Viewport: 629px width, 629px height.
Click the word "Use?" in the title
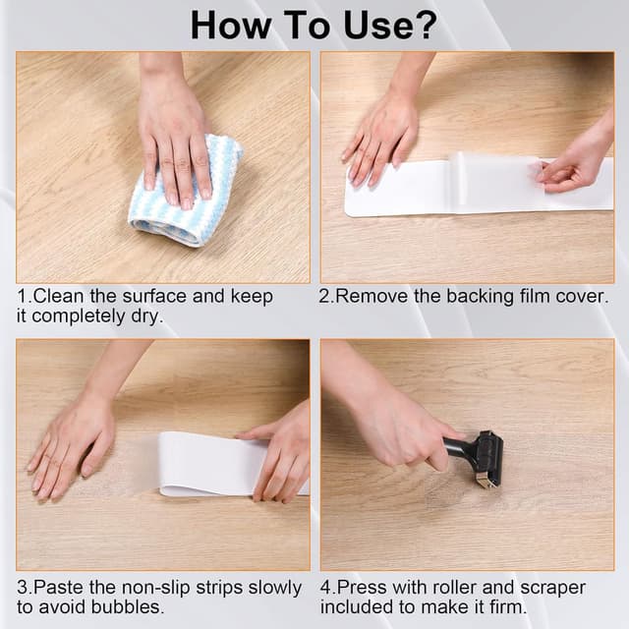(390, 26)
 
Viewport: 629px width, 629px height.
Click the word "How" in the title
(231, 26)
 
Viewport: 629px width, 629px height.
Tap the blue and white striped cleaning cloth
(186, 192)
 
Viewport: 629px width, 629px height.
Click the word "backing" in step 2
(480, 297)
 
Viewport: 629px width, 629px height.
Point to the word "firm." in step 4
(507, 607)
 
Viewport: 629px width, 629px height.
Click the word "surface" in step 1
(154, 297)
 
